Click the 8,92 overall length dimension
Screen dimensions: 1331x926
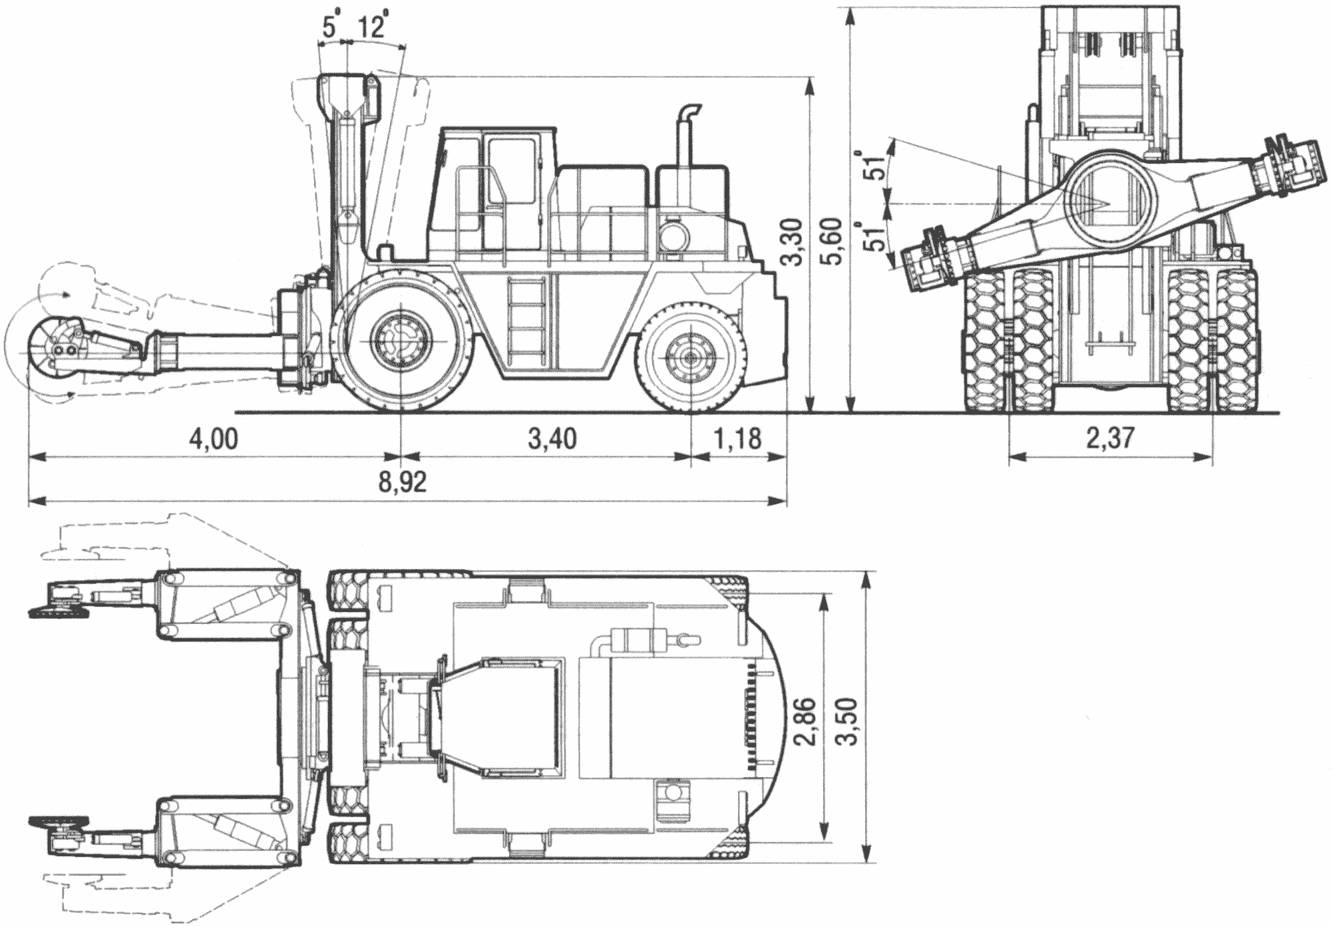click(x=403, y=481)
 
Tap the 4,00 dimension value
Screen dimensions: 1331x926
click(x=214, y=440)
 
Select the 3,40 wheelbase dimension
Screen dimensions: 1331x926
click(x=552, y=440)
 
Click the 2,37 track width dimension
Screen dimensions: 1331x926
click(x=1109, y=440)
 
